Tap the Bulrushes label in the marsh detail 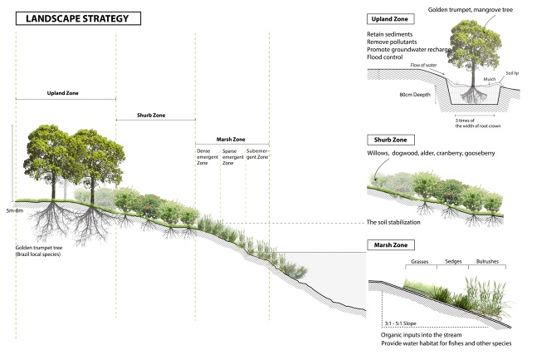[x=489, y=261]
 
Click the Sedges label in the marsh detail [x=454, y=261]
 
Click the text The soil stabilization [x=405, y=222]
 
